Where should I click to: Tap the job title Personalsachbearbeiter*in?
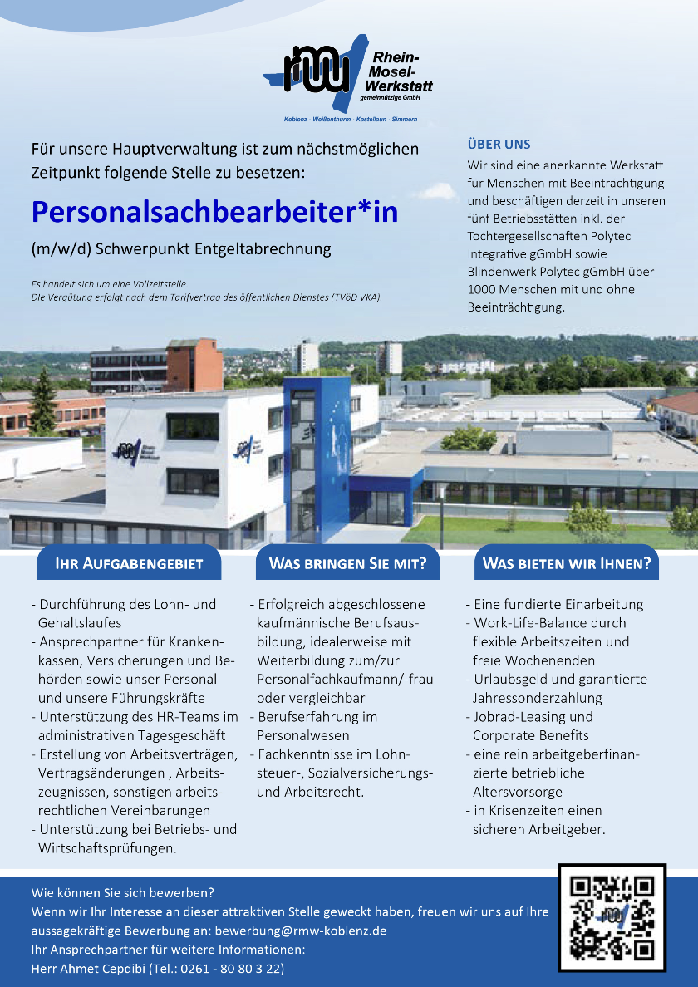(x=214, y=212)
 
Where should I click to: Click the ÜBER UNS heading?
(x=499, y=145)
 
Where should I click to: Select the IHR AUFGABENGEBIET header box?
(x=129, y=564)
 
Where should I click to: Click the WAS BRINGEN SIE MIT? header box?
(x=347, y=564)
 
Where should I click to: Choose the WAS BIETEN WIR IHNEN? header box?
(x=567, y=564)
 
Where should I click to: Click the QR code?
(x=612, y=917)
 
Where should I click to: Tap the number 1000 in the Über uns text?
(x=482, y=290)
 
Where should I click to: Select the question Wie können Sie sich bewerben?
(x=123, y=893)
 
